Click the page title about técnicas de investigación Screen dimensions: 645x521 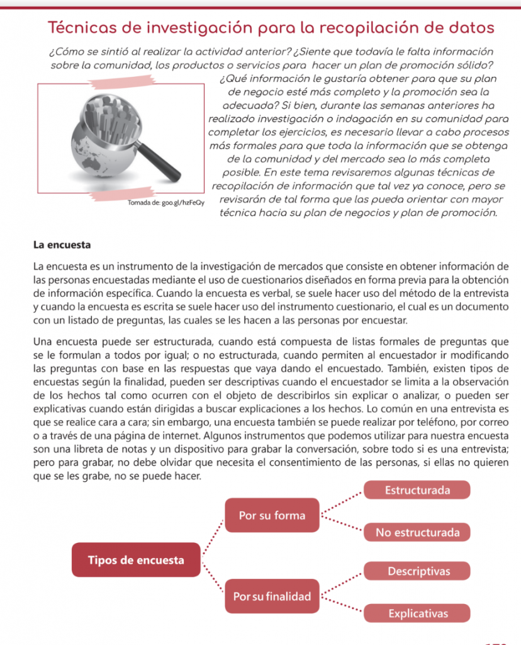[x=271, y=28]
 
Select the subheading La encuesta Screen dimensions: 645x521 [x=62, y=244]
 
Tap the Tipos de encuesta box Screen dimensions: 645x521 [x=136, y=559]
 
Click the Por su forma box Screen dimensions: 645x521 [x=272, y=515]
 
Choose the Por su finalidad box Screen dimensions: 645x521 [x=272, y=596]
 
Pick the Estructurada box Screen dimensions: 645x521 [x=417, y=490]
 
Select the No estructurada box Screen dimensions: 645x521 [x=417, y=532]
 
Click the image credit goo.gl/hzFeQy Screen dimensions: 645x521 [x=166, y=203]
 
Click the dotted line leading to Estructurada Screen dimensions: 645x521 [x=342, y=503]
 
